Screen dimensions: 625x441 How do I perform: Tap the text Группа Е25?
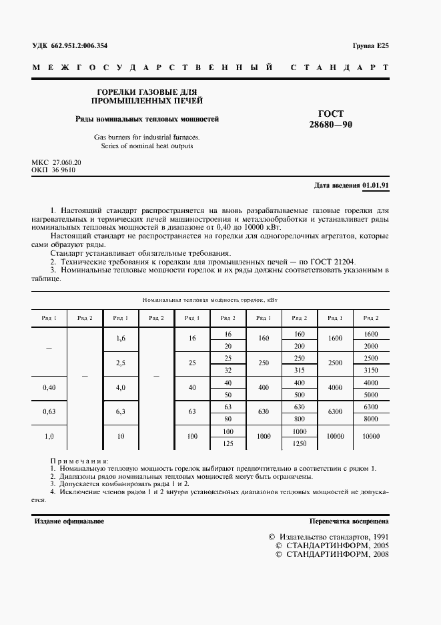(x=370, y=46)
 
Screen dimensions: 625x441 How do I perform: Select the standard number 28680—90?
(x=330, y=125)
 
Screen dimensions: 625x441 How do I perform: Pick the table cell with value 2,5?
(x=121, y=363)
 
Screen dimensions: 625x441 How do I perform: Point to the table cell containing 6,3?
(x=121, y=412)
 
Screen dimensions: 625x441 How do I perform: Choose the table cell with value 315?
(x=300, y=370)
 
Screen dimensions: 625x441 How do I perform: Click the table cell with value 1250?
(x=300, y=443)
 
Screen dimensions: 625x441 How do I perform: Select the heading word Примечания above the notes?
(x=79, y=461)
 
